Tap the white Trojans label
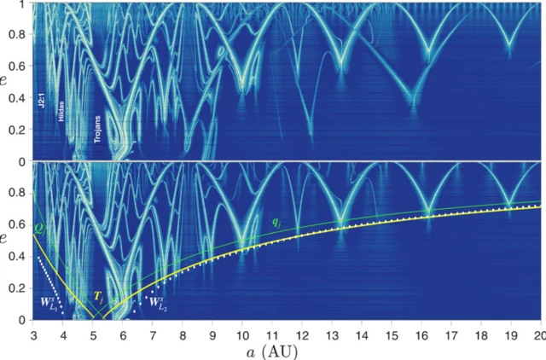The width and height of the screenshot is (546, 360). pos(97,128)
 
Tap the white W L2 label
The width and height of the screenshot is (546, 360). pos(156,301)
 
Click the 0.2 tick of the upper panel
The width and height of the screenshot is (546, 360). pos(17,130)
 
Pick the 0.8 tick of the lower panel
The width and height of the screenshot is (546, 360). pos(17,194)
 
